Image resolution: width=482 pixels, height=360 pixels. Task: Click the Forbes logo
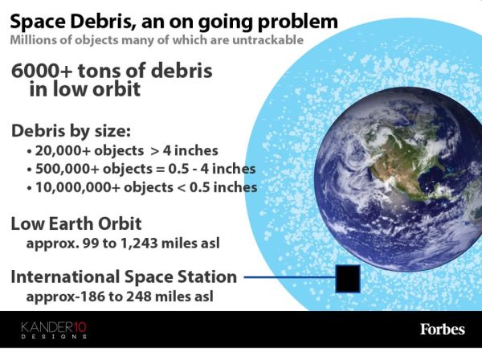[x=442, y=329]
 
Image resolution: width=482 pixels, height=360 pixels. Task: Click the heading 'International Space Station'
[x=124, y=277]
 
